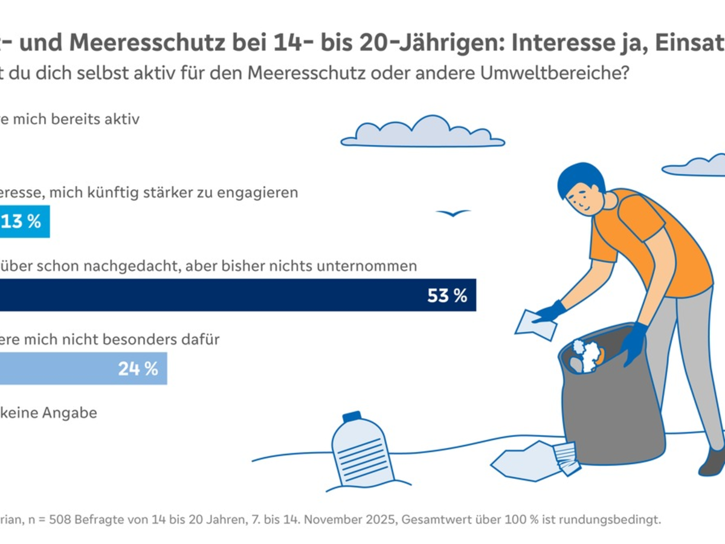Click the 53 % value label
click(x=447, y=296)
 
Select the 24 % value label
click(x=138, y=369)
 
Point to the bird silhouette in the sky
click(x=453, y=213)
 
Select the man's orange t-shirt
click(x=652, y=242)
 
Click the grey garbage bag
click(x=610, y=411)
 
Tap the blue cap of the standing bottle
click(x=352, y=416)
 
